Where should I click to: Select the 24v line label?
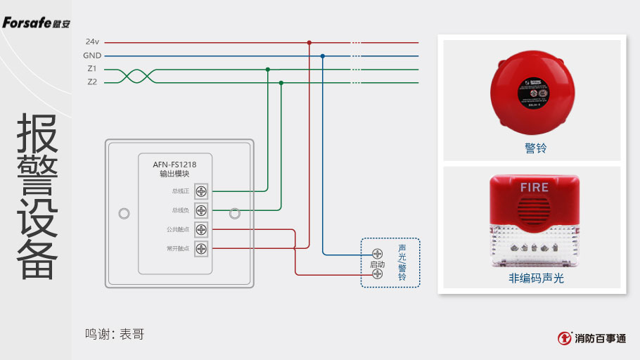92,42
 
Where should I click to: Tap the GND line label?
92,56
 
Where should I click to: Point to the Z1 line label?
92,69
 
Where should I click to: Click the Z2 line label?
92,82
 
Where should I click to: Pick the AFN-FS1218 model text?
174,165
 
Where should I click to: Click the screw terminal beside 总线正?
202,191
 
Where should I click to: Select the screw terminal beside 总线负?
202,210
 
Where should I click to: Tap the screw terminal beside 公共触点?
202,229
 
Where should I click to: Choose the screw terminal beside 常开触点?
202,248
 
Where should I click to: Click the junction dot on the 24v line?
309,42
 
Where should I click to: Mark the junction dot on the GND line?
323,56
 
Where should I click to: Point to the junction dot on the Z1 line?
268,69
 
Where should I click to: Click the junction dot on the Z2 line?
281,82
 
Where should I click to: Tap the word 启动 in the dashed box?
378,264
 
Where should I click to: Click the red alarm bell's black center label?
532,92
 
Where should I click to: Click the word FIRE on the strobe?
535,188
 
